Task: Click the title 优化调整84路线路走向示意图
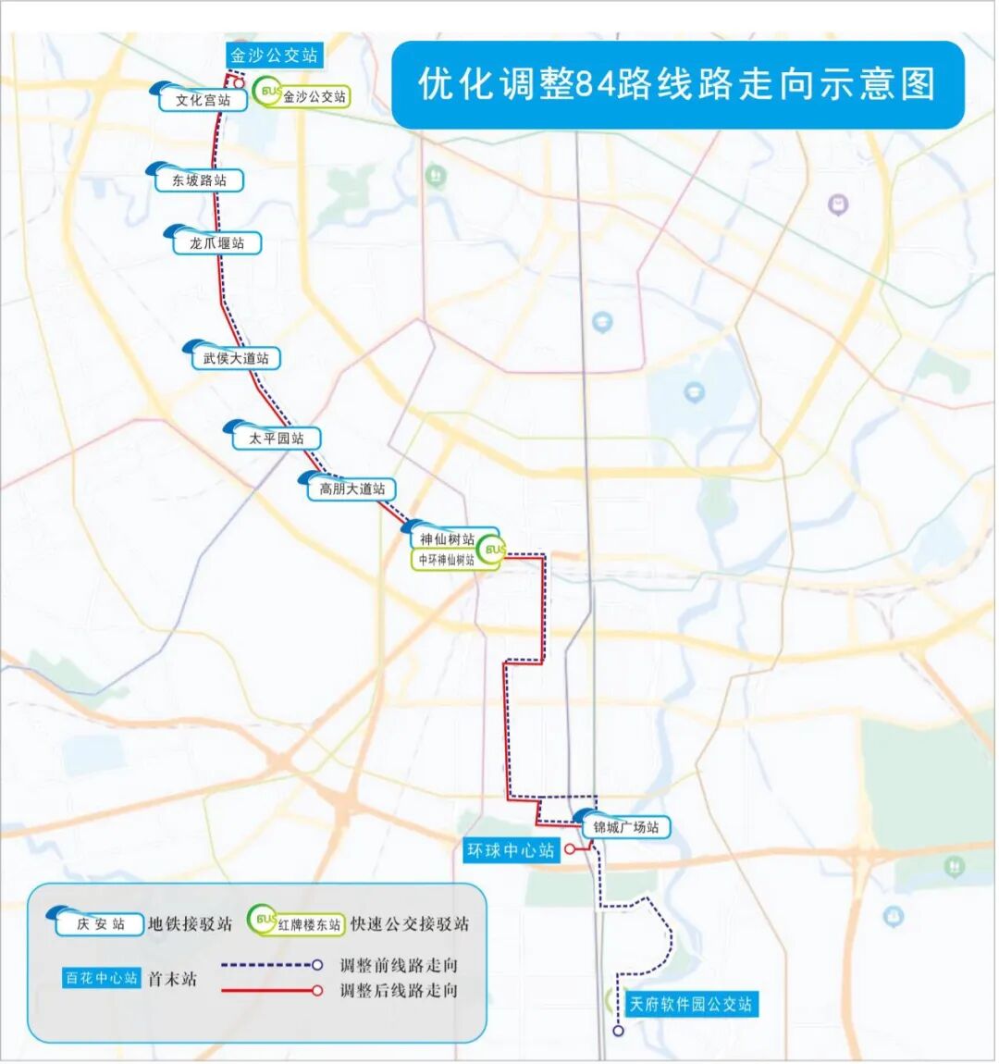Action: coord(677,84)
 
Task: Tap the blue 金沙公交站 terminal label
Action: coord(274,56)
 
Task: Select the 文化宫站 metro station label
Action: coord(203,100)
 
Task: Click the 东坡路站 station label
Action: coord(199,180)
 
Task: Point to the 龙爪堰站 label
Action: coord(217,243)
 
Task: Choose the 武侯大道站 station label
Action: coord(236,358)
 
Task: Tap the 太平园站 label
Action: coord(276,439)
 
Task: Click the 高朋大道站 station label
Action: coord(351,489)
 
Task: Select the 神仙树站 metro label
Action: coord(447,539)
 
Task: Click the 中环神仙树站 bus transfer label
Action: coord(447,560)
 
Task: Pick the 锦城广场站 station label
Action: coord(625,827)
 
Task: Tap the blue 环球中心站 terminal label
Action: coord(511,850)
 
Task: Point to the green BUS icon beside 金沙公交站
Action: coord(269,93)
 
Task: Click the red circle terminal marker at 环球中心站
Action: coord(570,848)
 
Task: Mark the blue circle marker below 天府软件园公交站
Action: coord(619,1031)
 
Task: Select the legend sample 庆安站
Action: coord(100,923)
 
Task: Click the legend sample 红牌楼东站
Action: coord(308,923)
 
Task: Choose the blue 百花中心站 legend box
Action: coord(101,978)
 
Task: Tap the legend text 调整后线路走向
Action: coord(399,991)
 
